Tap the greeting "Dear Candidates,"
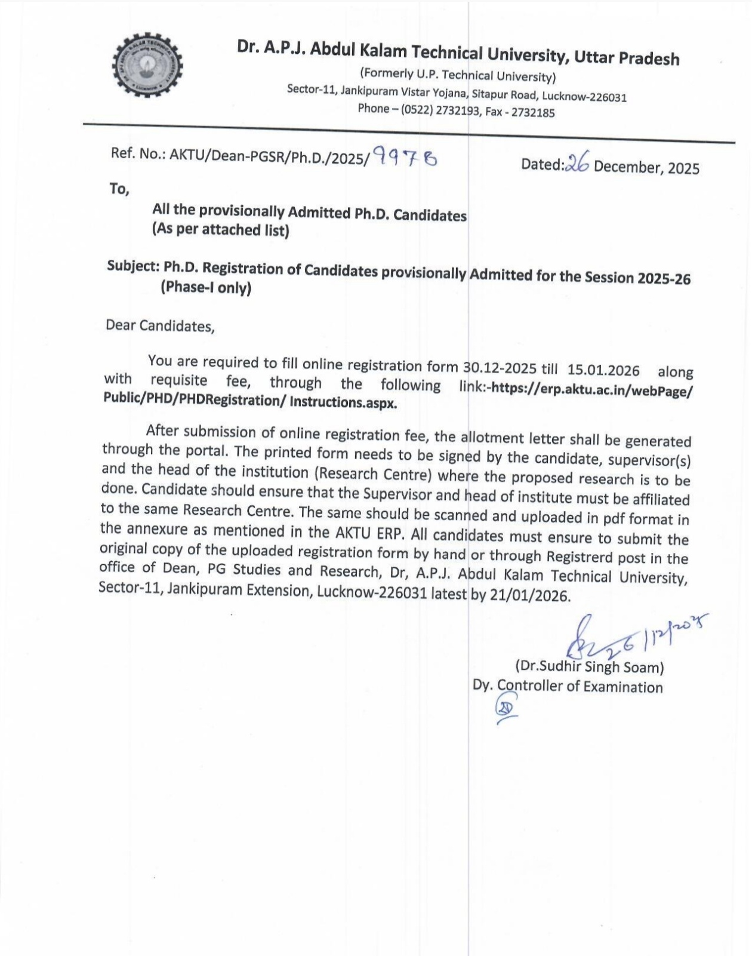pyautogui.click(x=160, y=326)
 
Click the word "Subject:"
pyautogui.click(x=134, y=266)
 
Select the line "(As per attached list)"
pyautogui.click(x=220, y=229)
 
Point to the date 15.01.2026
pyautogui.click(x=603, y=370)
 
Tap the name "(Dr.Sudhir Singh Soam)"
pyautogui.click(x=589, y=666)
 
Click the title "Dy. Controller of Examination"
pyautogui.click(x=568, y=686)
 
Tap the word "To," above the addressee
pyautogui.click(x=119, y=189)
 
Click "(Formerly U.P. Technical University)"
pyautogui.click(x=457, y=76)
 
